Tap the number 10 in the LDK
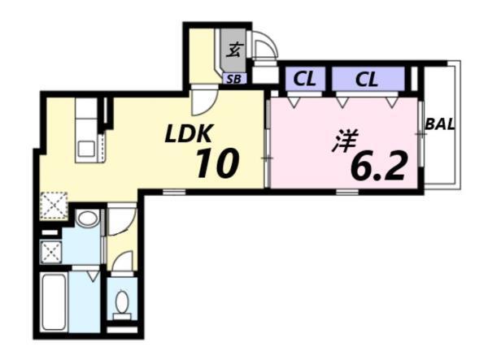(216, 163)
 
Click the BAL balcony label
(439, 126)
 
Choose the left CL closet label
(305, 80)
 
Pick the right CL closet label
(367, 80)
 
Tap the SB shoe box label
(233, 79)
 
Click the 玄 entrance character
(233, 50)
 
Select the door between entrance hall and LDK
(203, 103)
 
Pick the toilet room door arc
(122, 262)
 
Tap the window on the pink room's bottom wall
(348, 192)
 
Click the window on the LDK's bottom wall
(173, 192)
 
